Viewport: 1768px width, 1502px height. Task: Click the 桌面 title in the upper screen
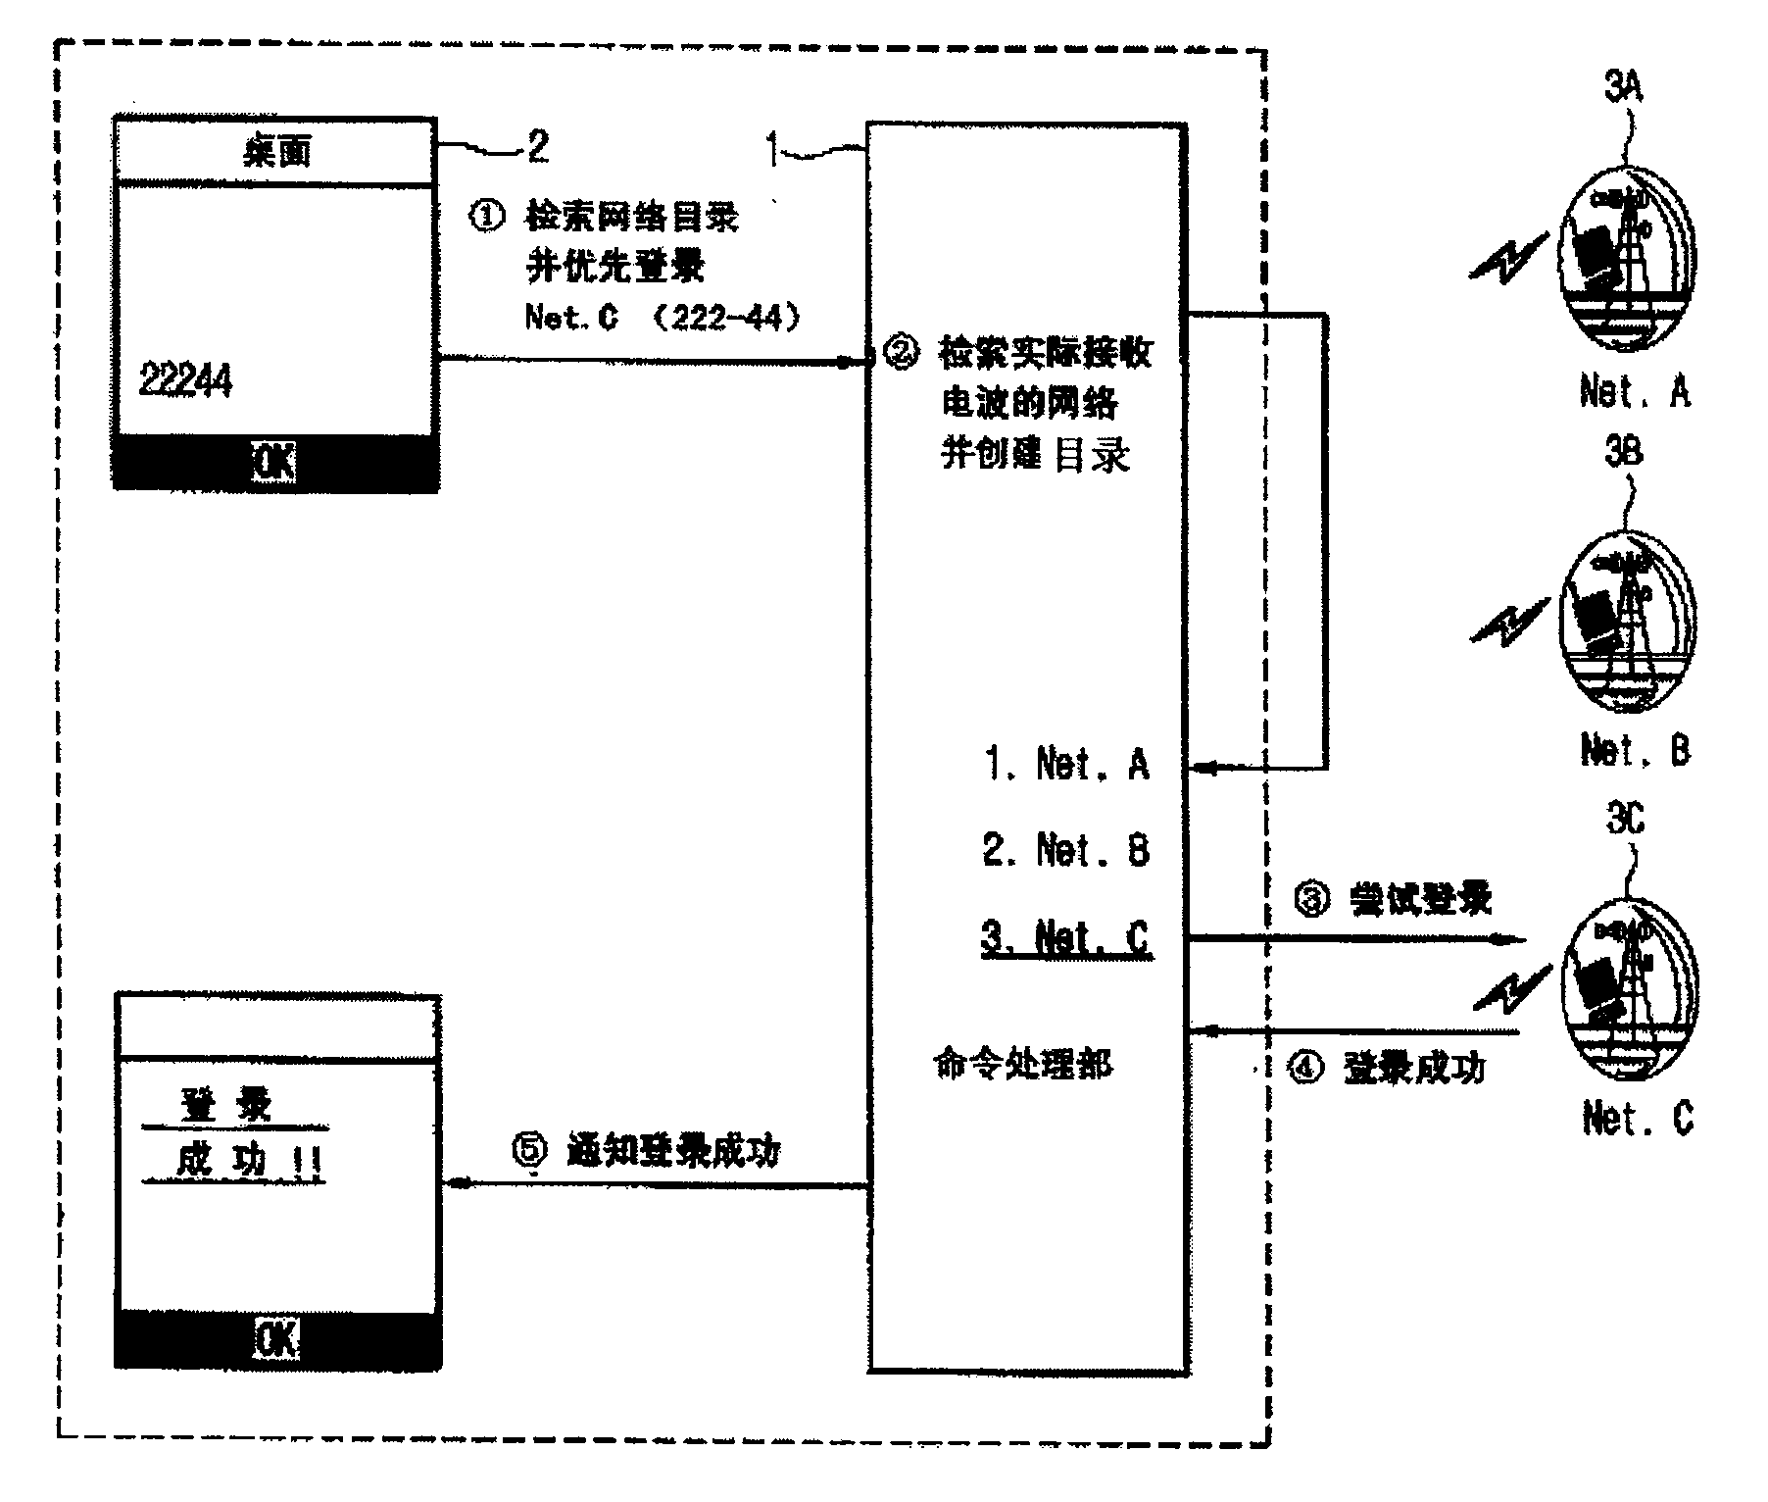pos(276,152)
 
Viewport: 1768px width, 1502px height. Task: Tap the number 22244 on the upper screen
pos(186,379)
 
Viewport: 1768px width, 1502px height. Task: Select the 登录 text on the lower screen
pos(227,1105)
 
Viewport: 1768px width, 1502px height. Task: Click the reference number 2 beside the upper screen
pos(538,147)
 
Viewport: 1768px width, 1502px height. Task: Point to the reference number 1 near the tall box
pos(773,151)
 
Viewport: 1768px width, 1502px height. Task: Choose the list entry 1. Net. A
pos(1066,764)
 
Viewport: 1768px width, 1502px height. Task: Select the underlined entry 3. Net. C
pos(1066,938)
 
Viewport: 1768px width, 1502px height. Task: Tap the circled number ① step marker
pos(487,217)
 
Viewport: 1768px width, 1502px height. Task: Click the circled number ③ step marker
pos(1313,898)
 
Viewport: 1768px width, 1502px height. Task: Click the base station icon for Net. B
pos(1628,621)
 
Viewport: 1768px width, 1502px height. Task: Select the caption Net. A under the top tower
pos(1635,391)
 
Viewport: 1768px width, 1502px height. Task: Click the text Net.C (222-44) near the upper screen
pos(663,317)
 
